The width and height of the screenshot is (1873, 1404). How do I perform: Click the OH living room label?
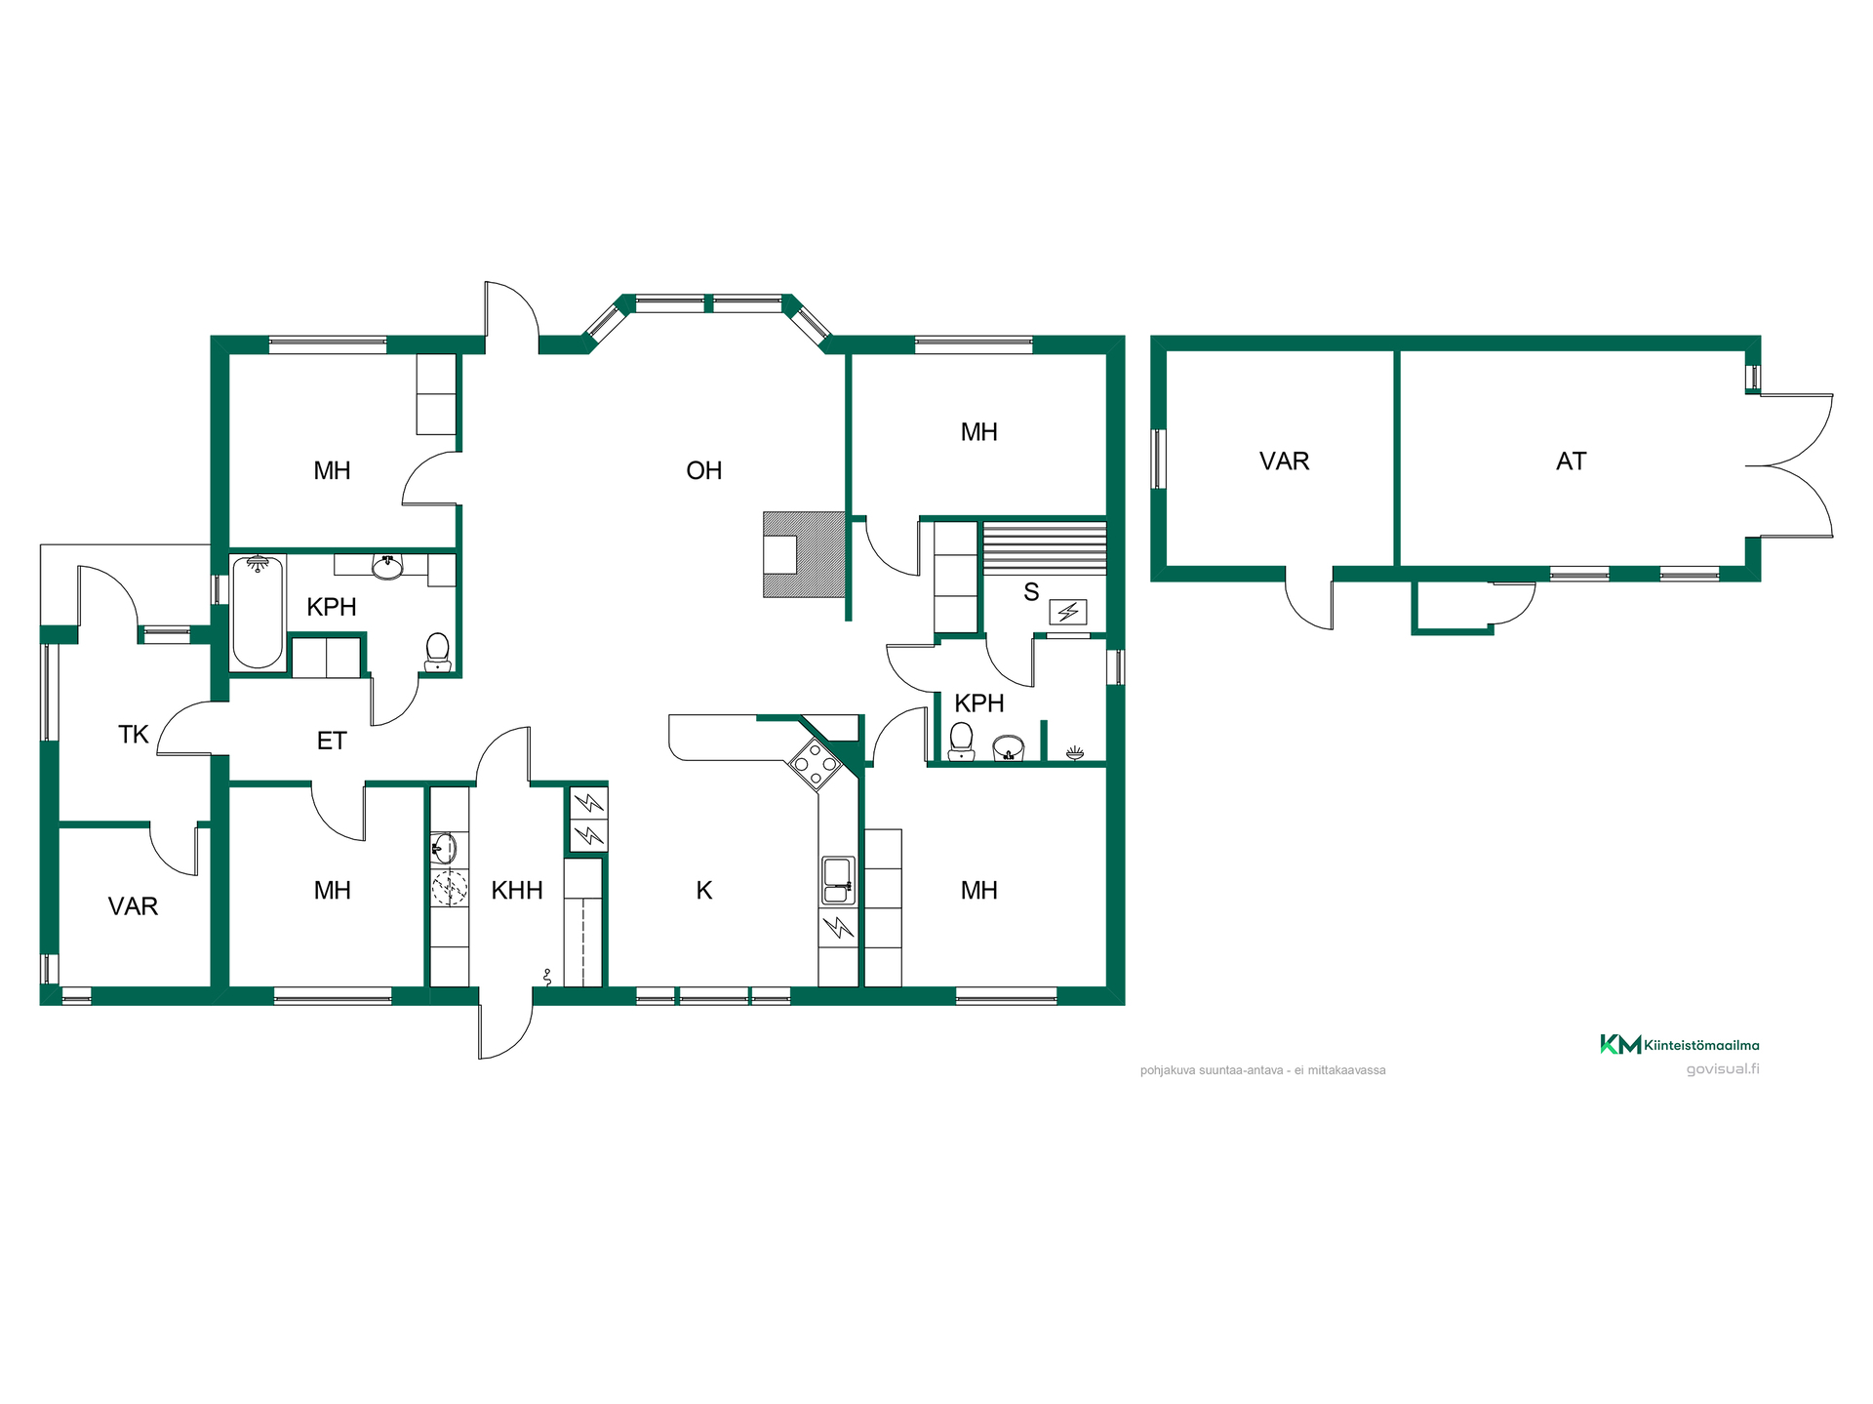tap(703, 471)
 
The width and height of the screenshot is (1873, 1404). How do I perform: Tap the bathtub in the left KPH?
tap(258, 612)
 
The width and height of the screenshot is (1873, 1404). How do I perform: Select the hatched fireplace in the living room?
tap(804, 554)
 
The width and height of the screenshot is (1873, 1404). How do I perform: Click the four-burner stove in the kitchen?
tap(815, 763)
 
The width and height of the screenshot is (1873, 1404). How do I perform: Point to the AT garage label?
tap(1571, 461)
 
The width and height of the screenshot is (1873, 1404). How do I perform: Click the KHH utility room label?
tap(516, 891)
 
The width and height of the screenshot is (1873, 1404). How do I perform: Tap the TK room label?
tap(133, 735)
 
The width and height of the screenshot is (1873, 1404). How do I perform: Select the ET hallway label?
tap(332, 742)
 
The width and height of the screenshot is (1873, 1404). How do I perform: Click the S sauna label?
tap(1031, 592)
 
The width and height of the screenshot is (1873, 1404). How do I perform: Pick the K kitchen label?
tap(703, 891)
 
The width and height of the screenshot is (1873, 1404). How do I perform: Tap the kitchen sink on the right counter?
tap(838, 880)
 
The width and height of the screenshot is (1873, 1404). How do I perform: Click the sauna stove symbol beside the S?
tap(1067, 613)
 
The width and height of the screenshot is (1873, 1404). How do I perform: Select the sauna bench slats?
tap(1045, 548)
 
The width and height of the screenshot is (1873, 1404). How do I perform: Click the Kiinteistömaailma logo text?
tap(1701, 1045)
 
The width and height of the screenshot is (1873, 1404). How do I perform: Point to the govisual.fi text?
tap(1723, 1068)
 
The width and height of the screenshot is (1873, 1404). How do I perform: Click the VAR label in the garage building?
tap(1284, 461)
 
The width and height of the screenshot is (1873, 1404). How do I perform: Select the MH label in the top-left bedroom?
tap(332, 471)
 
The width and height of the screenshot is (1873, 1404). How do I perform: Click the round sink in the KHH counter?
tap(444, 849)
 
